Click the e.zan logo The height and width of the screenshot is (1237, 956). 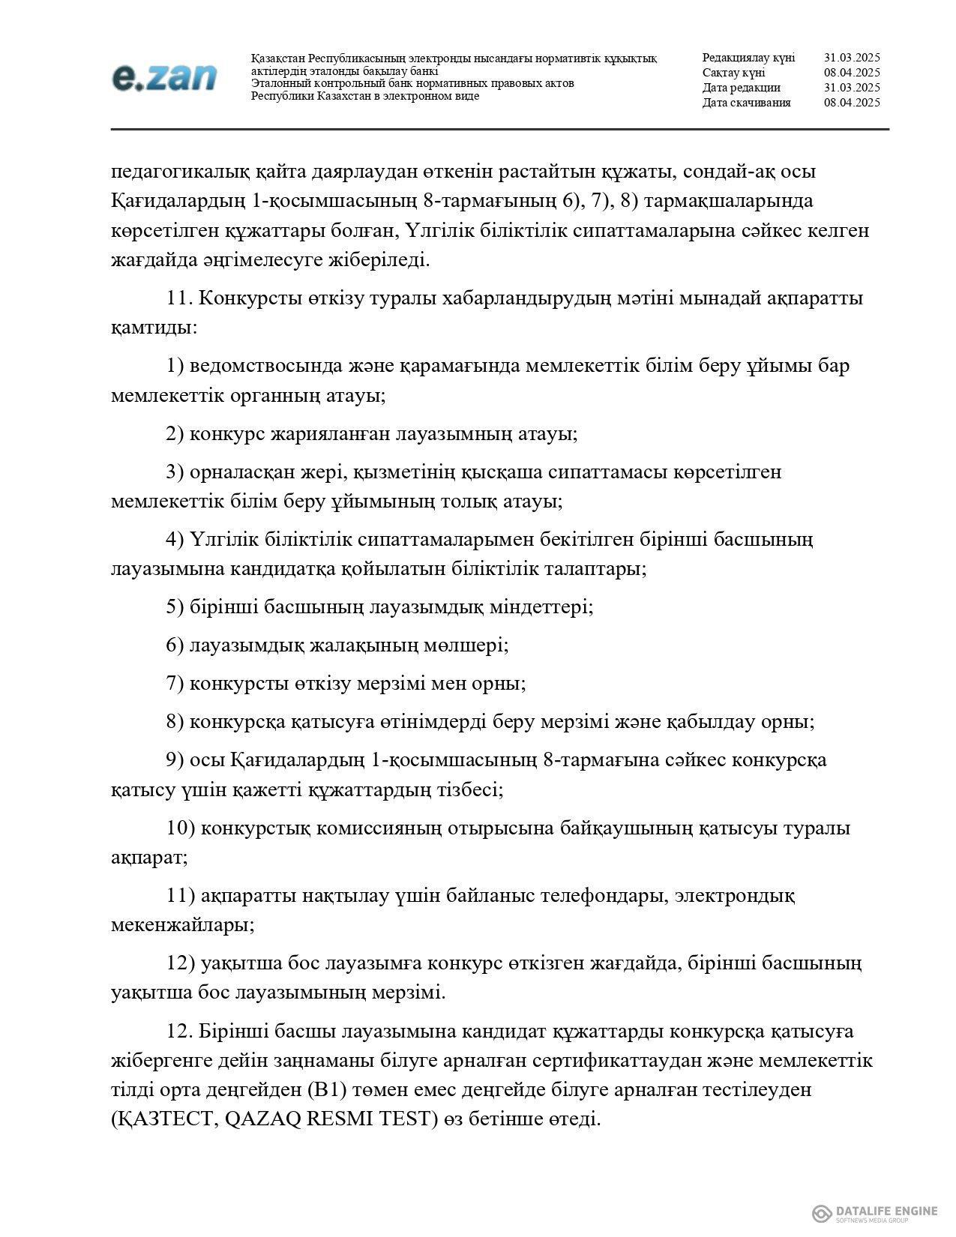(164, 76)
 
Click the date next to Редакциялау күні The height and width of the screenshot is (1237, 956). (852, 58)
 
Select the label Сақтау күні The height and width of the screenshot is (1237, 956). (733, 73)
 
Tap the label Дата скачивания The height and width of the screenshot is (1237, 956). (746, 103)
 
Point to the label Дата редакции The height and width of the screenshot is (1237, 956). (741, 88)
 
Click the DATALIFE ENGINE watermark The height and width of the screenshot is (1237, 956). (875, 1191)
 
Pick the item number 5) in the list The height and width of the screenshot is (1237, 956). (175, 607)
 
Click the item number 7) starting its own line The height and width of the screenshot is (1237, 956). (175, 684)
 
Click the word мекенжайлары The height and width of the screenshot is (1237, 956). (182, 925)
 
